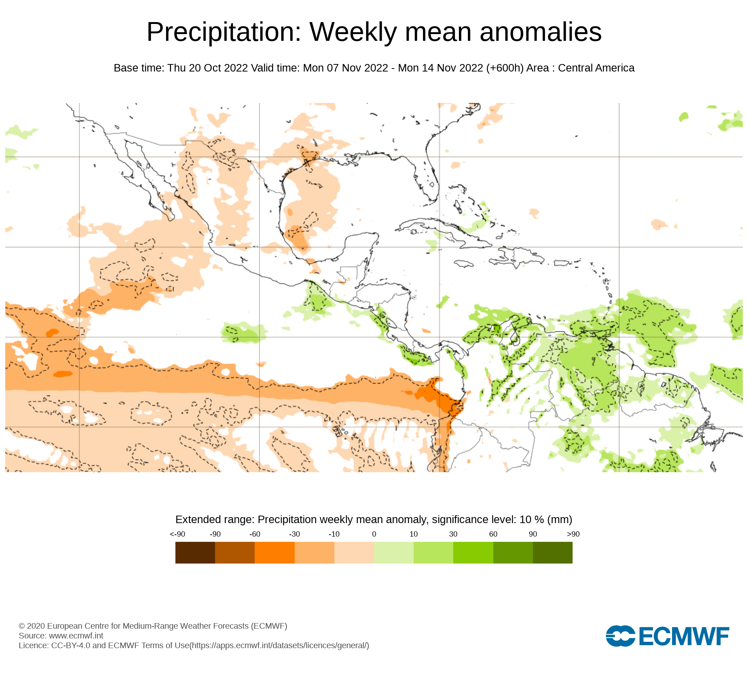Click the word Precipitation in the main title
(x=224, y=32)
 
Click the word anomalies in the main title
(x=540, y=32)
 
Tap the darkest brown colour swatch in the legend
(x=195, y=552)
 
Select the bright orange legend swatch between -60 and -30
(x=275, y=552)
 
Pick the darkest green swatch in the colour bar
(x=552, y=552)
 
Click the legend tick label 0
(x=374, y=534)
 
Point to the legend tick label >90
(x=573, y=534)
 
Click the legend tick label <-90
(x=177, y=534)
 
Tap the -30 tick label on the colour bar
(x=294, y=534)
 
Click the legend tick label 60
(x=493, y=534)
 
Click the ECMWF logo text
(x=684, y=636)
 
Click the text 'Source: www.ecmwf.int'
(x=61, y=635)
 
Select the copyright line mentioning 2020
(x=153, y=626)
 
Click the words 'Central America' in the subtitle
(x=596, y=68)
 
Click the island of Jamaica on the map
(x=463, y=264)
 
